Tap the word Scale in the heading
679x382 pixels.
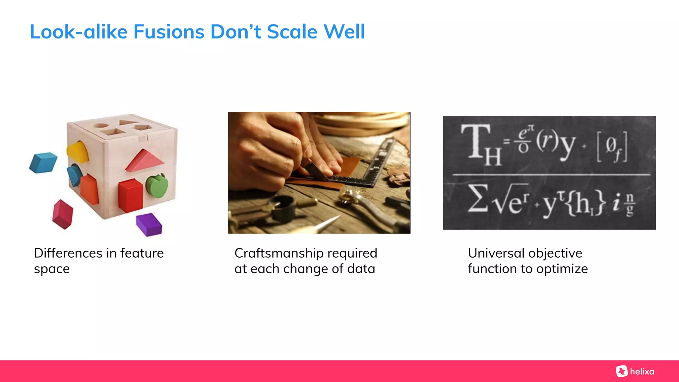tap(292, 32)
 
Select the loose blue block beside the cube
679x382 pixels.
tap(43, 162)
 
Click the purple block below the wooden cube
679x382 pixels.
tap(149, 224)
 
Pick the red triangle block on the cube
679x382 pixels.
tap(145, 161)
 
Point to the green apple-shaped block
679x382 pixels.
tap(157, 186)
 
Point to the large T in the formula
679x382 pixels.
tap(475, 141)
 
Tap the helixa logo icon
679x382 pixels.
tap(622, 371)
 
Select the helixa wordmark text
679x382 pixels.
tap(642, 372)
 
